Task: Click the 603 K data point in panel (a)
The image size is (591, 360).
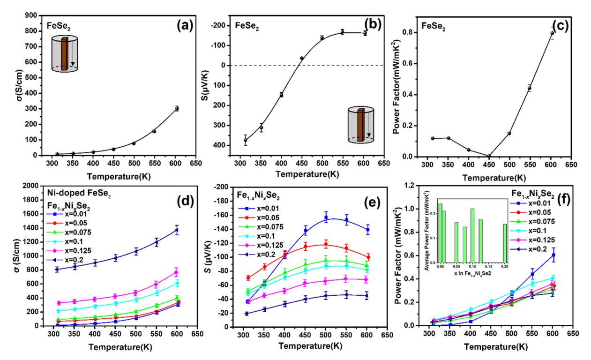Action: (x=177, y=108)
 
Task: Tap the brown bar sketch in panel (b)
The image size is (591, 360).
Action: (x=361, y=124)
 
